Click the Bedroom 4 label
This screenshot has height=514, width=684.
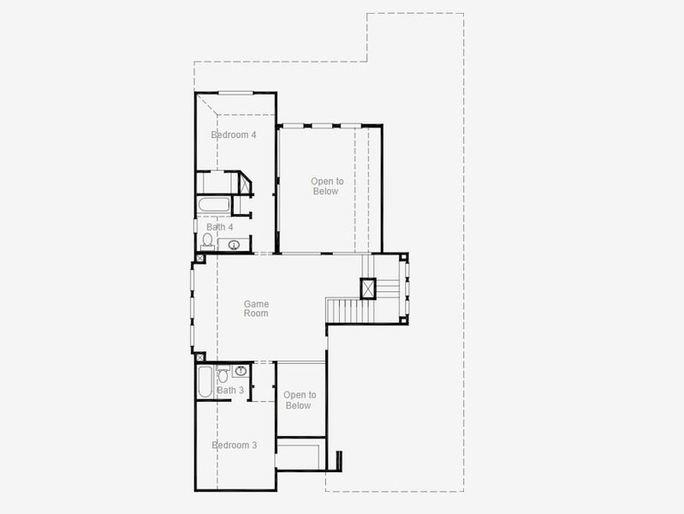click(234, 134)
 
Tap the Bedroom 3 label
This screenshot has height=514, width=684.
click(235, 445)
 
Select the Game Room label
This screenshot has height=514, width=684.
click(256, 308)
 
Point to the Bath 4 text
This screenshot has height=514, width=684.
click(220, 227)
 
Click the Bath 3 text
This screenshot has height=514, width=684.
click(230, 390)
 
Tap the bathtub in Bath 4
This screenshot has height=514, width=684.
click(213, 206)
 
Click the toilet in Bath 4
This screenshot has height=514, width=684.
click(207, 241)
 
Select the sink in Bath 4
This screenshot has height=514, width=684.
click(234, 245)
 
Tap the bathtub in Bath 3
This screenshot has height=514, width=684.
click(204, 382)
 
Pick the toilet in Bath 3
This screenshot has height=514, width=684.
click(223, 374)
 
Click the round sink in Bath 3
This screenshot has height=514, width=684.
click(241, 371)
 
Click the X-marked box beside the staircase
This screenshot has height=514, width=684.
click(368, 288)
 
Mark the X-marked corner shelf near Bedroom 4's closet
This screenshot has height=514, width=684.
click(244, 183)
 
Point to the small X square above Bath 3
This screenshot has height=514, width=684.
click(200, 356)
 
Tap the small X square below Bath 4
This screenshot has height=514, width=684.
click(200, 257)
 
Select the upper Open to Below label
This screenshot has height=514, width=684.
click(327, 186)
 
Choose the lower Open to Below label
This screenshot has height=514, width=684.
click(300, 400)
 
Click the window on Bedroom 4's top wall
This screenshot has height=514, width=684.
click(235, 93)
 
